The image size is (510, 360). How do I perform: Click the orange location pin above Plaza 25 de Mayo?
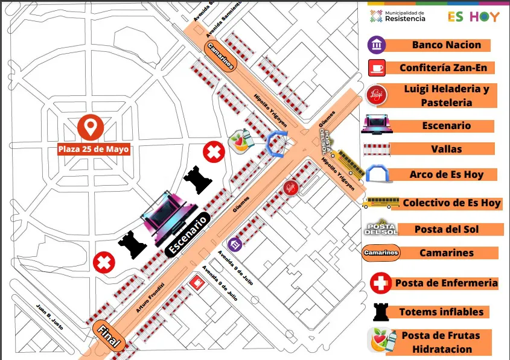click(91, 127)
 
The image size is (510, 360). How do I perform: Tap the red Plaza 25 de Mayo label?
click(94, 149)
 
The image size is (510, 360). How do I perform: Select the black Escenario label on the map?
click(189, 235)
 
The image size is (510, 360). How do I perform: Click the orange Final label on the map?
click(109, 336)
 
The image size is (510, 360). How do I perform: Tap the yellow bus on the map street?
click(351, 163)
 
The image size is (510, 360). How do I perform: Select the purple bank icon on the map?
click(235, 244)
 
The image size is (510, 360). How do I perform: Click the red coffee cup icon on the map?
click(197, 282)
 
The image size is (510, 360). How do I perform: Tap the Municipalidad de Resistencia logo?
click(398, 16)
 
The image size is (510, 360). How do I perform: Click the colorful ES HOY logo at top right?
click(473, 16)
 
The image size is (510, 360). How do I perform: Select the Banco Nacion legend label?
click(446, 45)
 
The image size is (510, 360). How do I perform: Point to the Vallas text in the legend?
click(447, 149)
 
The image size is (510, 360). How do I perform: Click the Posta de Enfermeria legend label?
click(446, 283)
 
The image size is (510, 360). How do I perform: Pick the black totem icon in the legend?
click(380, 311)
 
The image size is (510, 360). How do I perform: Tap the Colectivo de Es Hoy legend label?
click(451, 203)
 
